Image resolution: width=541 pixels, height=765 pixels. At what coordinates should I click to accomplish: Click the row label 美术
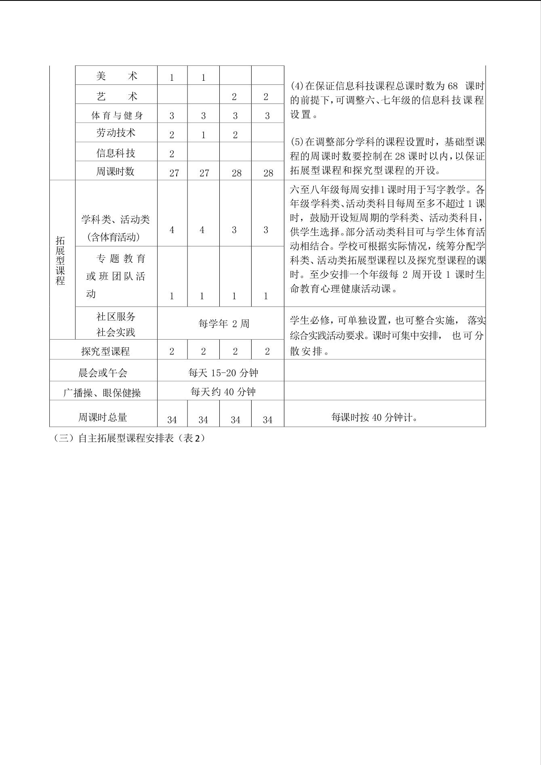116,76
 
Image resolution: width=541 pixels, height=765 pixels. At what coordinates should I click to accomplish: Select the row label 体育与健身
117,116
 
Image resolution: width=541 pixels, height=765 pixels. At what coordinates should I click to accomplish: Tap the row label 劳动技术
116,133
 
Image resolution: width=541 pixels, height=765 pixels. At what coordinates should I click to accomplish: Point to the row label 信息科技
116,153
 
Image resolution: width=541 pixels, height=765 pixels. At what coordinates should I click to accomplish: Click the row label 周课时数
116,171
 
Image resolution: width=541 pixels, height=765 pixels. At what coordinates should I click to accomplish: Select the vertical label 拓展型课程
60,261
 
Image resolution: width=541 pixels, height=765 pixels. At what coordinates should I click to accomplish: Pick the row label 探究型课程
105,351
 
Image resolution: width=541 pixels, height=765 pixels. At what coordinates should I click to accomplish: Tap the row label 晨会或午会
103,372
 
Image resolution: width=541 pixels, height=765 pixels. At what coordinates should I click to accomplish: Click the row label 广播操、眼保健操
102,393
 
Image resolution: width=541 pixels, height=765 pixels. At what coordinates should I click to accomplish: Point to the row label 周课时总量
103,417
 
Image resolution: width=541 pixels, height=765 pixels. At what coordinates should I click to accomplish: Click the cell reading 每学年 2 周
224,324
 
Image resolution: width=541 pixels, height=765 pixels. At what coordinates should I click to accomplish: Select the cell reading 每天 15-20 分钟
223,372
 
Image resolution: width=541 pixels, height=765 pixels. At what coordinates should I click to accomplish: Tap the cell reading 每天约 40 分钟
223,392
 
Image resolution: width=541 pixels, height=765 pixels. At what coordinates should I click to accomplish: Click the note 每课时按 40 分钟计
374,417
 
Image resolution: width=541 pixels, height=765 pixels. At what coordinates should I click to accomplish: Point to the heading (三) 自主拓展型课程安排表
129,438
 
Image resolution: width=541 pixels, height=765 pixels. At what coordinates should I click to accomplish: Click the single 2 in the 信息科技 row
172,153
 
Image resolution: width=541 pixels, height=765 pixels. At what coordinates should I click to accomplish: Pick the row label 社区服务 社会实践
116,324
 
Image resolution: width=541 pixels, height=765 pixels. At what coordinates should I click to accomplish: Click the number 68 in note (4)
453,86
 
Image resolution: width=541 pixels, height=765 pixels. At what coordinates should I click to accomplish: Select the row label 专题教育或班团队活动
116,276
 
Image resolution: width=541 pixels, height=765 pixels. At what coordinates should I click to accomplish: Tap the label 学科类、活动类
116,220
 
